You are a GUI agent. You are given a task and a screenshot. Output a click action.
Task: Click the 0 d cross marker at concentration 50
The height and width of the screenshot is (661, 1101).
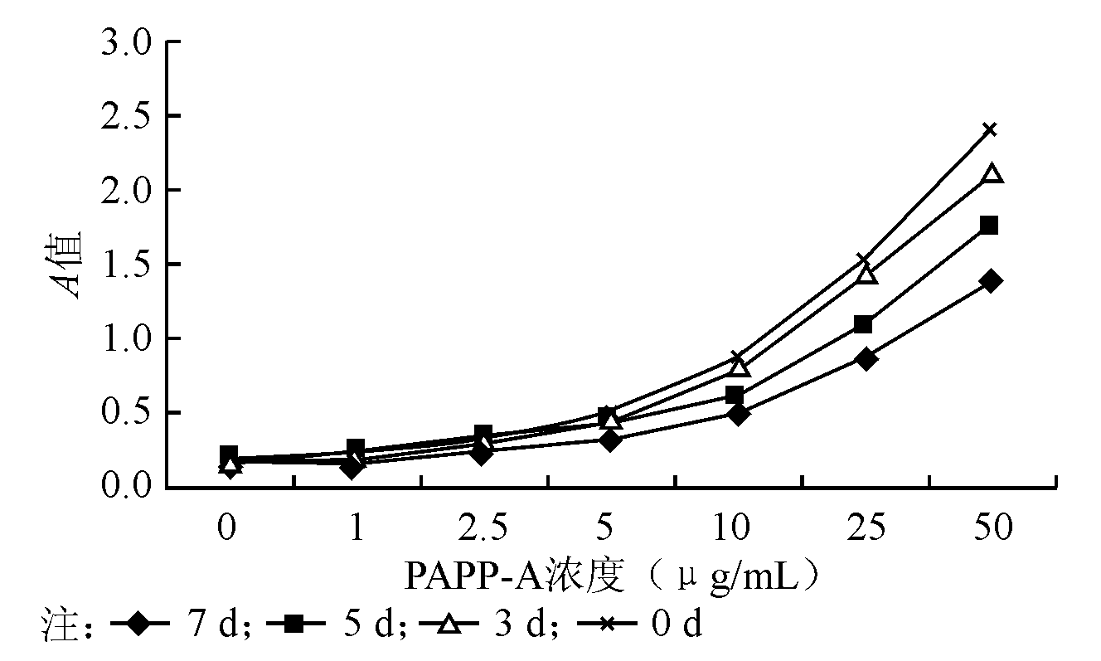point(989,129)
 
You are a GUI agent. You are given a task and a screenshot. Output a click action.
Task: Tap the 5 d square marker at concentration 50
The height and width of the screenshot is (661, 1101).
point(989,225)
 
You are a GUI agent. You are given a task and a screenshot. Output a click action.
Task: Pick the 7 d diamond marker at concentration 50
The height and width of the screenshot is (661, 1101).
point(989,280)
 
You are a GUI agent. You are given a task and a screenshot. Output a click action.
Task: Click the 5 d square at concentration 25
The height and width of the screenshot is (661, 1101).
point(863,323)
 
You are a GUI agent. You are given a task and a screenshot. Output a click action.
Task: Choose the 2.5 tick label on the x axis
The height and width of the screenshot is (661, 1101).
point(483,528)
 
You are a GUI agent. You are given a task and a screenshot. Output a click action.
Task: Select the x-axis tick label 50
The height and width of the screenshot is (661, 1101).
point(992,528)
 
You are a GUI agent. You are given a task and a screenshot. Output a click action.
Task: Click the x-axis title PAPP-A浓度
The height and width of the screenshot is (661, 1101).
point(514,576)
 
